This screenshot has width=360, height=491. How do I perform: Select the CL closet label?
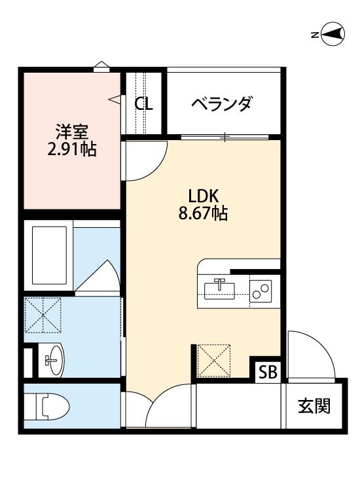click(144, 103)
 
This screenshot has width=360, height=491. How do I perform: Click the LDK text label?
click(204, 196)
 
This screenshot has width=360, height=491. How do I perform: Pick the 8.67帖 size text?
click(204, 213)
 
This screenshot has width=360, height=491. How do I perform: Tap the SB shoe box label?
click(268, 373)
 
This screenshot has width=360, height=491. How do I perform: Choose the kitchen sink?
click(219, 289)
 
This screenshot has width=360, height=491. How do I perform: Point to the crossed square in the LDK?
click(213, 361)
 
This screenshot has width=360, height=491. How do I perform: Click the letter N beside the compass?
click(315, 35)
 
